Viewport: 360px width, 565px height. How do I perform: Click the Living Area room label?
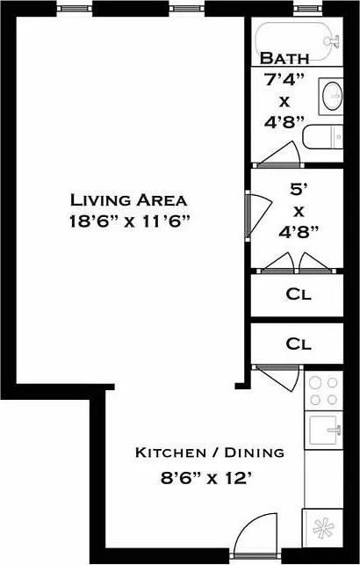click(128, 200)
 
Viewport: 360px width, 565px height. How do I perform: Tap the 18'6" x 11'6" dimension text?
click(130, 221)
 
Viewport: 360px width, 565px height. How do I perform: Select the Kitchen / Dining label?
click(210, 453)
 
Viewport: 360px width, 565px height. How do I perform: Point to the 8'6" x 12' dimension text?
click(205, 479)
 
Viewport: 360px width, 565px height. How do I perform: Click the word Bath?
click(284, 58)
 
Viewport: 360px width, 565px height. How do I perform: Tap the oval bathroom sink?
click(332, 96)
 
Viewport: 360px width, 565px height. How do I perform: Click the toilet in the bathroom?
click(322, 136)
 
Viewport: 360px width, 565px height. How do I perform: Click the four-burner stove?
click(324, 391)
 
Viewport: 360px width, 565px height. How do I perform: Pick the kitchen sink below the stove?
click(324, 430)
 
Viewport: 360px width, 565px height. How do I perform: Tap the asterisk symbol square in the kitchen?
click(323, 528)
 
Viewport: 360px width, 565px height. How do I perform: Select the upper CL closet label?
click(299, 294)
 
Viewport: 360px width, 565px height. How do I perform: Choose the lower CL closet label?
click(299, 344)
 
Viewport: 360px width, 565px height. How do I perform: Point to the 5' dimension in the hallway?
click(298, 190)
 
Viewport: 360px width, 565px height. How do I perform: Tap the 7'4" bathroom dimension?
click(284, 80)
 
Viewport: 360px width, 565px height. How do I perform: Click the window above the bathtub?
click(307, 8)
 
